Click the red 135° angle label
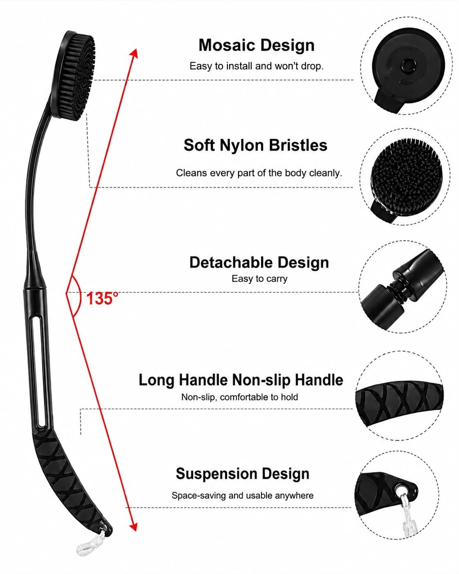click(102, 298)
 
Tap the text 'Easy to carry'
click(259, 279)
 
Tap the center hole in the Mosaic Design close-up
click(407, 64)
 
